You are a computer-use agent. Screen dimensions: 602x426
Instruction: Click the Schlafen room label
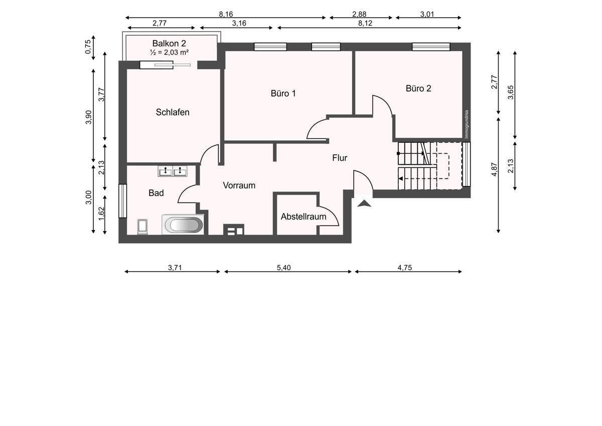[x=173, y=112]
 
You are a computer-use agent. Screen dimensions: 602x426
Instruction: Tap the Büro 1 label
[x=283, y=93]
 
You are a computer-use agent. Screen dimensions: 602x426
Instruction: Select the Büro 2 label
[x=418, y=88]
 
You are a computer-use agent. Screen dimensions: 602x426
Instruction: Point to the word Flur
[x=340, y=158]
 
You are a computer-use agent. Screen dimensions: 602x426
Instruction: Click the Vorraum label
[x=239, y=185]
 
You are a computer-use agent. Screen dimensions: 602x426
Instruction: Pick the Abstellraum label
[x=304, y=217]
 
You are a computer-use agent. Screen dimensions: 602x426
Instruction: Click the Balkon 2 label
[x=169, y=43]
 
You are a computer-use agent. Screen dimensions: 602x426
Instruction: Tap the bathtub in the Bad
[x=184, y=225]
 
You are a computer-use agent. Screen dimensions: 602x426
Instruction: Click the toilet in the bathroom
[x=142, y=227]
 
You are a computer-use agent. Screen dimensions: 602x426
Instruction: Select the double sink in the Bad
[x=173, y=171]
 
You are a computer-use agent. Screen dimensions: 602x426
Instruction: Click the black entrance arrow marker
[x=364, y=203]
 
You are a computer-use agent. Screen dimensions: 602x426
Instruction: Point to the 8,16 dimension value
[x=226, y=14]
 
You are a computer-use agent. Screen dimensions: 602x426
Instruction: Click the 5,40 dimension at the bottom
[x=284, y=267]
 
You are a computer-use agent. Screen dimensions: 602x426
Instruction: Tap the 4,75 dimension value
[x=405, y=267]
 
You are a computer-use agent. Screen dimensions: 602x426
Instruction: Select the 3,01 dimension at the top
[x=427, y=14]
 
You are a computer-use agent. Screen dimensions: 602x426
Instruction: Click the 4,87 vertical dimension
[x=494, y=170]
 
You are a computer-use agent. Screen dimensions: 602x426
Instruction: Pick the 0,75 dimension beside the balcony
[x=88, y=47]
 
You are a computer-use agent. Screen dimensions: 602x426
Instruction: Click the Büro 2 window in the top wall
[x=431, y=47]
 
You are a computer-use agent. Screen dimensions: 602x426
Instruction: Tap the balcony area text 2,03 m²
[x=176, y=52]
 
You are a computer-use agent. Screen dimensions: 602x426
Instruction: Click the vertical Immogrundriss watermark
[x=467, y=124]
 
